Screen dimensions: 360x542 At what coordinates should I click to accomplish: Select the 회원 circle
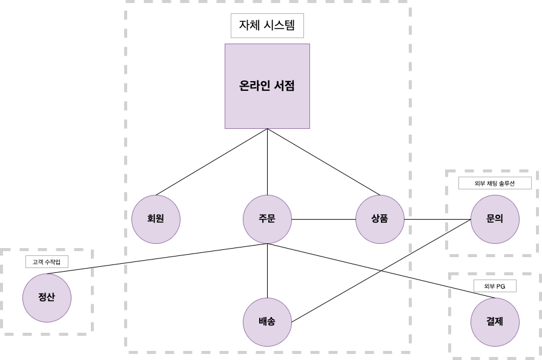[x=156, y=219]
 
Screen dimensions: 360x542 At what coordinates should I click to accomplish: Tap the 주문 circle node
[x=267, y=219]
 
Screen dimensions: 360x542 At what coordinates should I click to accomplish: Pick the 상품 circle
[x=380, y=219]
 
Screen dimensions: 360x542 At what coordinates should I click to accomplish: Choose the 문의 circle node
[x=495, y=219]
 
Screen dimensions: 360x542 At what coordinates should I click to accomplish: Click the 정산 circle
[x=47, y=298]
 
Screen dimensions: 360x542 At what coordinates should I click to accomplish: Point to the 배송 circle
[x=267, y=322]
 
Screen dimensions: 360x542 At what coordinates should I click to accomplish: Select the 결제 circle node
[x=495, y=322]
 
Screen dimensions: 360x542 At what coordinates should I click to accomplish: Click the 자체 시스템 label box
[x=267, y=26]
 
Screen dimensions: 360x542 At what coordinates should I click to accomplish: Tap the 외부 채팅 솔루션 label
[x=495, y=183]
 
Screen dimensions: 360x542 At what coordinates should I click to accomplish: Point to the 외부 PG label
[x=495, y=286]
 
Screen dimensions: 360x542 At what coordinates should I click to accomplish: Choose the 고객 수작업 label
[x=47, y=262]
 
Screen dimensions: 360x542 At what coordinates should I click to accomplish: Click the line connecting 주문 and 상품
[x=323, y=219]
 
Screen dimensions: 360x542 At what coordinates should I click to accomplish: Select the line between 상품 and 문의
[x=437, y=219]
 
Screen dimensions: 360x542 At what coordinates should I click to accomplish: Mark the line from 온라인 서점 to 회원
[x=212, y=162]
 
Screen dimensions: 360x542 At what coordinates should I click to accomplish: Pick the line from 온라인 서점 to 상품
[x=323, y=162]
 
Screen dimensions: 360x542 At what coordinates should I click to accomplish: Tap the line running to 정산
[x=157, y=258]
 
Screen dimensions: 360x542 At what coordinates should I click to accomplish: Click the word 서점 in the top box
[x=283, y=86]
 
